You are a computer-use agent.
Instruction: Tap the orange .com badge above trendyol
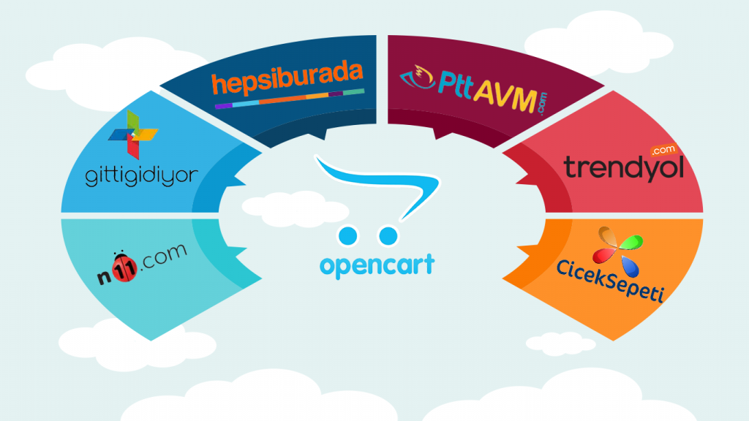click(x=662, y=149)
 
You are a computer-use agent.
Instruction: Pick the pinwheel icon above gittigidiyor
click(x=132, y=134)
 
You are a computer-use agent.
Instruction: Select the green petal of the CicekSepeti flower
click(x=633, y=242)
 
